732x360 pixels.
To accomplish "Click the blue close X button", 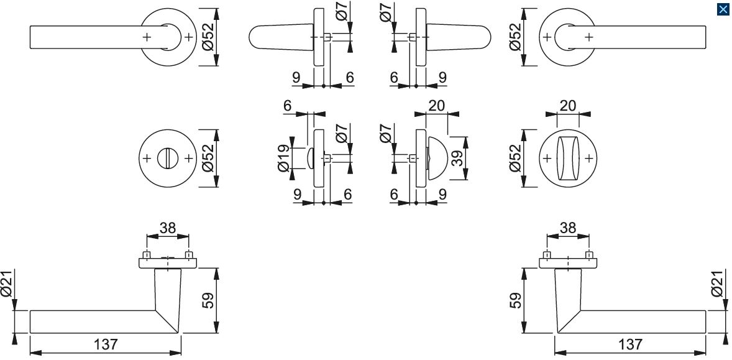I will (x=723, y=9).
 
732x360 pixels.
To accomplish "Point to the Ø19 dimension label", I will (x=283, y=159).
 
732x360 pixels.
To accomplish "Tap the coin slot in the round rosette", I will (x=167, y=159).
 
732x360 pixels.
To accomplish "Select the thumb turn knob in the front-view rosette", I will (x=567, y=159).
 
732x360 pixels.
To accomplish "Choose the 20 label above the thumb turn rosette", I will (x=567, y=106).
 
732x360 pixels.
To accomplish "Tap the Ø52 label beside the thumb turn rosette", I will (x=515, y=159).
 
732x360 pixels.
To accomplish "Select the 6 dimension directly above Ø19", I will (x=287, y=106).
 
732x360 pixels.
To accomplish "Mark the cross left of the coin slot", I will (x=147, y=159).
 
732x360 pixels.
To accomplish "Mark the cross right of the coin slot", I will (x=186, y=159).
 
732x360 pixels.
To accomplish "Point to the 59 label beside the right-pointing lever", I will (x=515, y=301).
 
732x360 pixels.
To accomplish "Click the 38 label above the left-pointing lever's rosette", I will (x=167, y=228).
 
